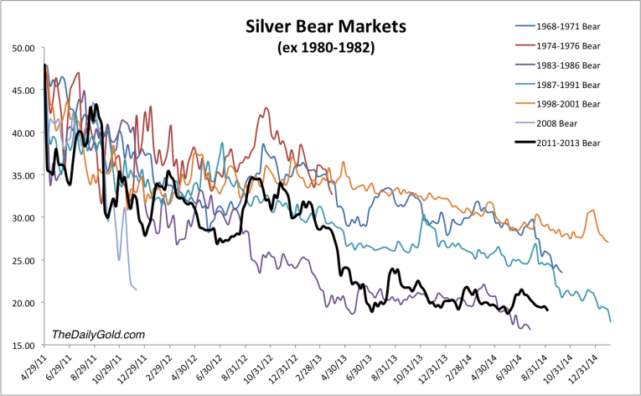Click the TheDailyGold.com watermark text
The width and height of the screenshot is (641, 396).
coord(98,335)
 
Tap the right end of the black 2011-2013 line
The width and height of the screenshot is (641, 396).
coord(547,310)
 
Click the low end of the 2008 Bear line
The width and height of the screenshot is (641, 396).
coord(136,289)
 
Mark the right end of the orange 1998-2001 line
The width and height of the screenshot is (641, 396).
coord(608,242)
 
